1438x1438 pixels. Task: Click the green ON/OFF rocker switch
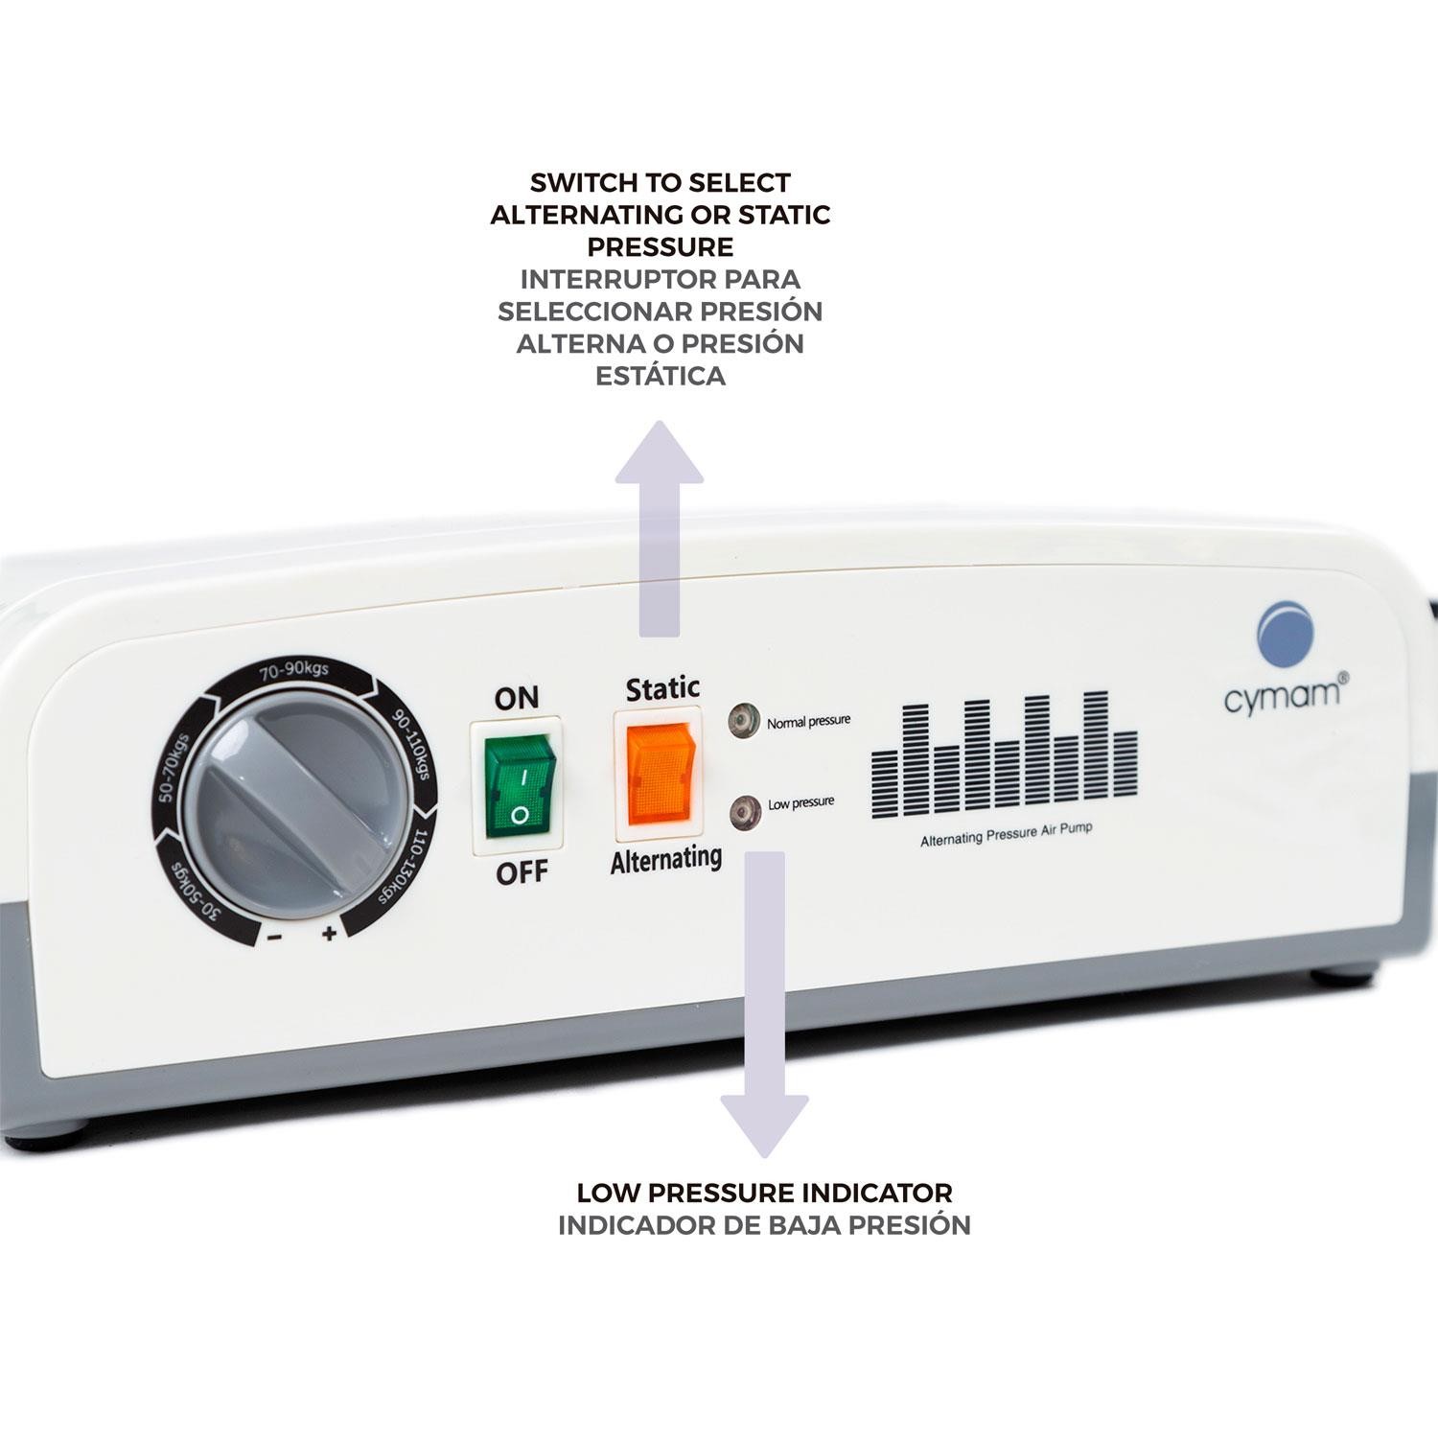pyautogui.click(x=519, y=783)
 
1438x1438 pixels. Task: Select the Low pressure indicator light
pyautogui.click(x=742, y=811)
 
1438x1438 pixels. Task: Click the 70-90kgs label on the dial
pyautogui.click(x=293, y=672)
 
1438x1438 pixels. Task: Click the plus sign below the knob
pyautogui.click(x=329, y=933)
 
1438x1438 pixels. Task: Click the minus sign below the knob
pyautogui.click(x=274, y=937)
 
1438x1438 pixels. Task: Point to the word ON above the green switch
pyautogui.click(x=516, y=698)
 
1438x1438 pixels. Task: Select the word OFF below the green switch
pyautogui.click(x=522, y=872)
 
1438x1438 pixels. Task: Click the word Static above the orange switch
pyautogui.click(x=662, y=687)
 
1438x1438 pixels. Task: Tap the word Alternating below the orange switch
pyautogui.click(x=666, y=859)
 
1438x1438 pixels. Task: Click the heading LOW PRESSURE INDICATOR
pyautogui.click(x=764, y=1193)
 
